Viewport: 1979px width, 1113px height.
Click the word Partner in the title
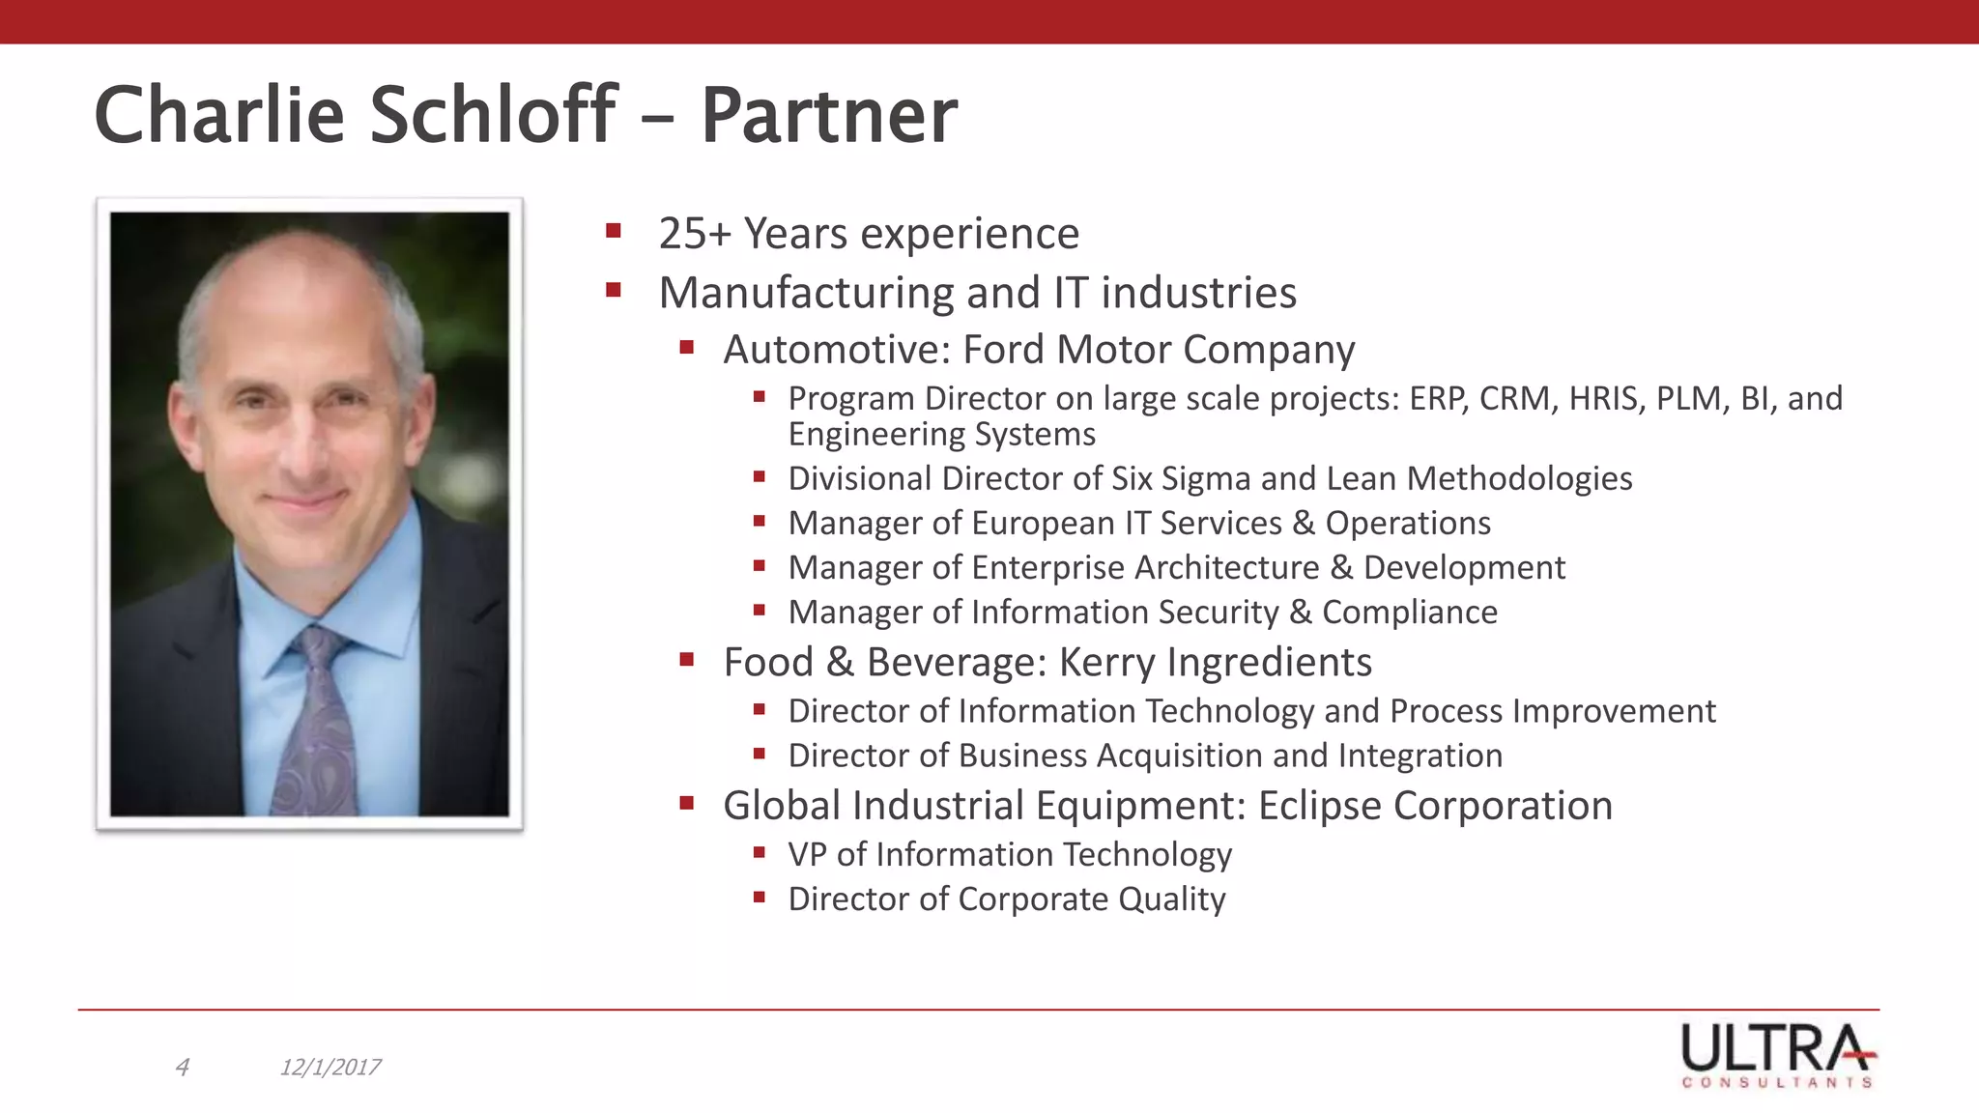tap(828, 116)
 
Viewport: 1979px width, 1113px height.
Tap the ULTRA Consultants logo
tap(1778, 1055)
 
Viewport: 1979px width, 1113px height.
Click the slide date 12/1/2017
tap(330, 1068)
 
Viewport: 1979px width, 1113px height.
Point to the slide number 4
tap(182, 1068)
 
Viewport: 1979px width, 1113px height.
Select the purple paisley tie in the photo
tap(314, 725)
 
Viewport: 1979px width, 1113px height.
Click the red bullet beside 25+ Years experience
tap(613, 231)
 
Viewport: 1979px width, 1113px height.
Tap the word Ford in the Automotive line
tap(1004, 350)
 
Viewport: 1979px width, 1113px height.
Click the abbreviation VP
tap(807, 855)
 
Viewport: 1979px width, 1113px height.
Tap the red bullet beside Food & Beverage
tap(687, 661)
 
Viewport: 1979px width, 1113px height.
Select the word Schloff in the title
tap(493, 116)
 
